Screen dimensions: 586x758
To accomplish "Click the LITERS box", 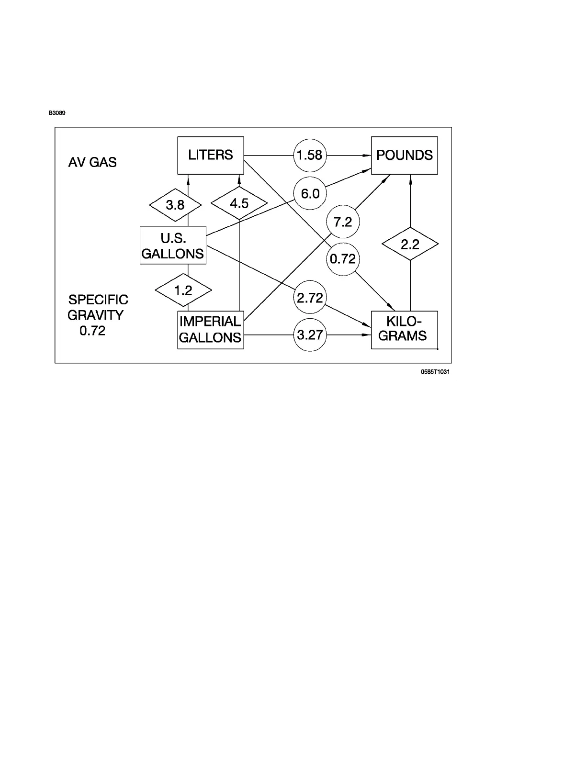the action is point(211,156).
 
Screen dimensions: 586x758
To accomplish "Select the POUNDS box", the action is point(405,156).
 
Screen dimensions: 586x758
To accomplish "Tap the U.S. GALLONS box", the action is point(173,245).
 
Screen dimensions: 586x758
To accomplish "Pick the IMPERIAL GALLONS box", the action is point(211,330).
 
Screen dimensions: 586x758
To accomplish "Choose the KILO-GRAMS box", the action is point(405,330).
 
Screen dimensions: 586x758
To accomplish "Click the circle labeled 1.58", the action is point(310,155).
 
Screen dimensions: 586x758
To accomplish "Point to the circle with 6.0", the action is point(310,194).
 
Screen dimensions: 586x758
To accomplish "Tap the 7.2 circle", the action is point(343,222).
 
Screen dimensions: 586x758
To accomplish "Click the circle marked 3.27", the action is point(310,335).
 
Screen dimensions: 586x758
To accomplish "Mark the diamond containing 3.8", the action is point(175,205).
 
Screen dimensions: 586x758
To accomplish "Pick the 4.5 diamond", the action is point(239,204).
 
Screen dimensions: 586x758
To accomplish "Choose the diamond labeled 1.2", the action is point(183,290).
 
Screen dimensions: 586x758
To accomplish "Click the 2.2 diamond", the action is point(410,245).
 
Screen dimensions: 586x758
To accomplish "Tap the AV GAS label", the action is point(92,163).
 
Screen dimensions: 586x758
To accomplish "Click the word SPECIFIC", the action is point(98,300).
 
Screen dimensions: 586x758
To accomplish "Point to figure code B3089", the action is point(56,113).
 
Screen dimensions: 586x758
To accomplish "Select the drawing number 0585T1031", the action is point(435,372).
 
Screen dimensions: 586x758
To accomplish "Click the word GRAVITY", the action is point(95,315).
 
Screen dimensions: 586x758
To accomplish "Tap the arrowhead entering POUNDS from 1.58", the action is point(367,156).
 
